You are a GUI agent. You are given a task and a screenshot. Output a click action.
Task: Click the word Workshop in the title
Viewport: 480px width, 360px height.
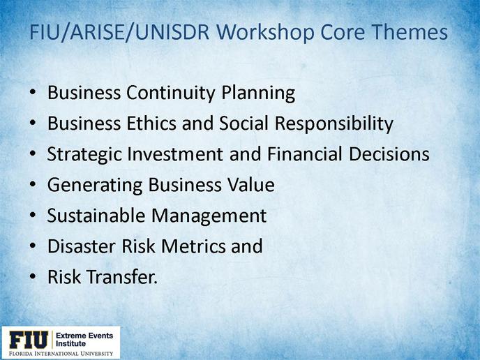[x=267, y=33]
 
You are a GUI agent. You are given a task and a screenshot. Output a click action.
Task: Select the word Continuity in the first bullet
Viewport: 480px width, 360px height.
[x=171, y=93]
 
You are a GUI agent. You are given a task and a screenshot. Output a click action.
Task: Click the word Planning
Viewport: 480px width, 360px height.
[x=258, y=93]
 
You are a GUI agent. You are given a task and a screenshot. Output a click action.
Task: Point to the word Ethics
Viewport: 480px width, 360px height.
[x=151, y=123]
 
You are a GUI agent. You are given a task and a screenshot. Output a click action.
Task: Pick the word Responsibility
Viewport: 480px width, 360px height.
[x=333, y=124]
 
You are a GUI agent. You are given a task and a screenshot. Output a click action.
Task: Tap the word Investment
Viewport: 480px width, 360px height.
[x=175, y=154]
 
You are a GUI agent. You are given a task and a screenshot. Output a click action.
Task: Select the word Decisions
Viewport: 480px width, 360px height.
[x=389, y=154]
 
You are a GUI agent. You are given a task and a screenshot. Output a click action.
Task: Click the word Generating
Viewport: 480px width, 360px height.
[x=95, y=186]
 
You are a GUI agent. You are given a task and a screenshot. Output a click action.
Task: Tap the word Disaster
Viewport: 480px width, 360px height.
[x=82, y=246]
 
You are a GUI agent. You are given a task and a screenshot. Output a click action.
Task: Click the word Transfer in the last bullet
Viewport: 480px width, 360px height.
[x=122, y=276]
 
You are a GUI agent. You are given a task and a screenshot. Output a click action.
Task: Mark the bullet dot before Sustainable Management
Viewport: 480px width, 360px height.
[x=33, y=216]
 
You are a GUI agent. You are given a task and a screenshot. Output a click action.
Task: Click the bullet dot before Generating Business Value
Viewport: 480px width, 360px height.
[x=33, y=185]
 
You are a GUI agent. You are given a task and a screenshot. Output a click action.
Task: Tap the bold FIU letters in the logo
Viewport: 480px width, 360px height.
[x=29, y=340]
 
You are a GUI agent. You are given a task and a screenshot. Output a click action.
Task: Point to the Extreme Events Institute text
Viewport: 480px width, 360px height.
[x=84, y=340]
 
